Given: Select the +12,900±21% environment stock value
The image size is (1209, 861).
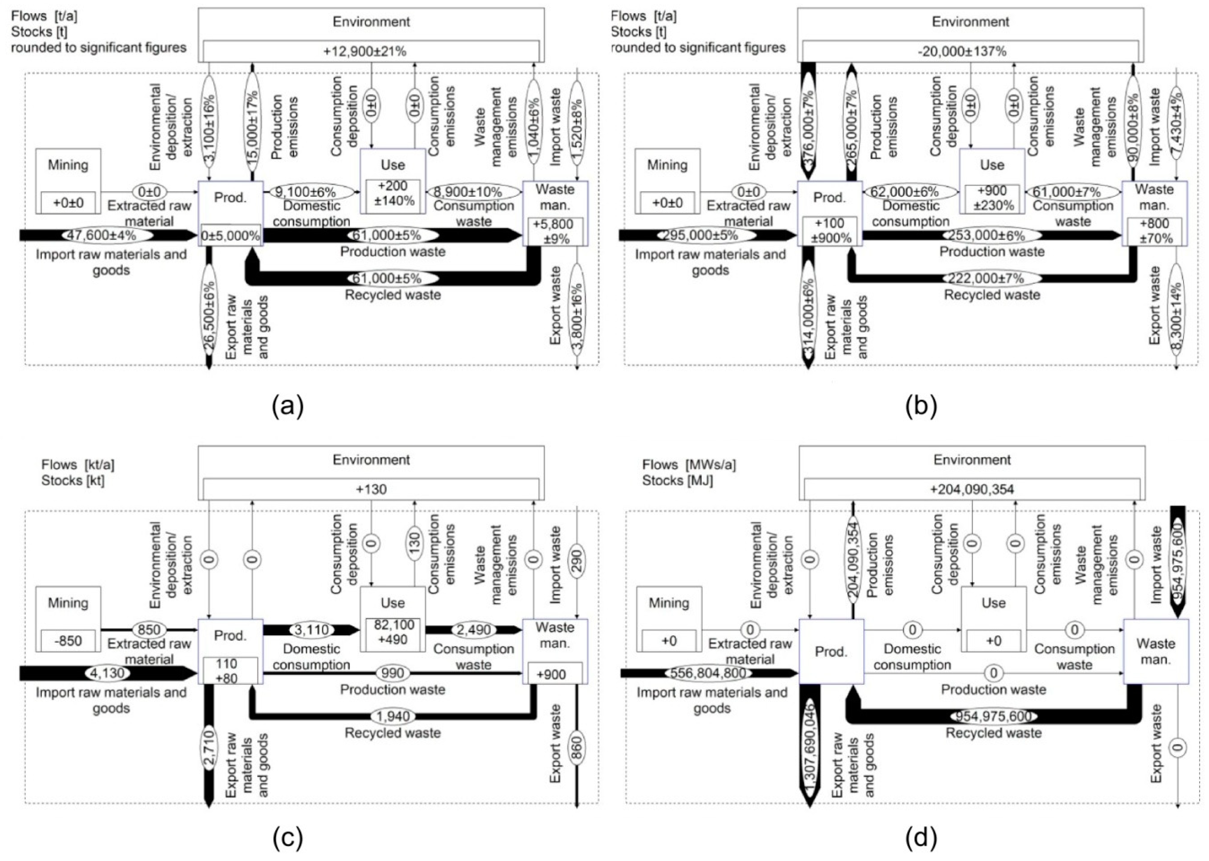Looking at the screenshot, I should coord(371,51).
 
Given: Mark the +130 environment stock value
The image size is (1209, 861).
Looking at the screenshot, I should coord(371,489).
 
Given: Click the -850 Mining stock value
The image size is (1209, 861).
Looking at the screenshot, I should coord(68,641).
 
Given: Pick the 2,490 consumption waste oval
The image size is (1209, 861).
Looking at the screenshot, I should coord(474,630).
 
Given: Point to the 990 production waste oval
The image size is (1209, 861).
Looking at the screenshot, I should coord(392,673).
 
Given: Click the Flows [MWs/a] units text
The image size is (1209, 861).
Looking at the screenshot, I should coord(689,465).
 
